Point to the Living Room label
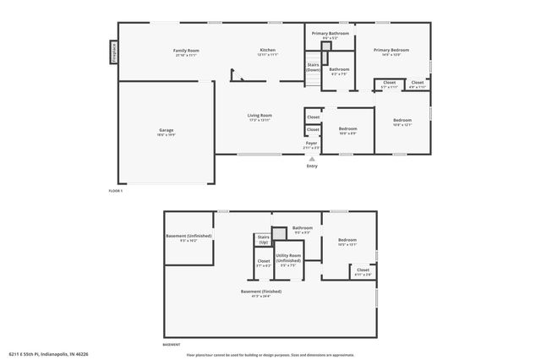[260, 117]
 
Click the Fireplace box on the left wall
[111, 53]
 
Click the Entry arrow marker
[312, 158]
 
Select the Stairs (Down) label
[313, 68]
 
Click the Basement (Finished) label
[260, 292]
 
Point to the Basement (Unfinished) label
[188, 238]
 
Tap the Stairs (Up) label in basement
[264, 240]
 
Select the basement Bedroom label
[347, 243]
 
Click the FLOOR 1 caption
[116, 191]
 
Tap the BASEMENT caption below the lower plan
[172, 345]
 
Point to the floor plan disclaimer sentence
[270, 354]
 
